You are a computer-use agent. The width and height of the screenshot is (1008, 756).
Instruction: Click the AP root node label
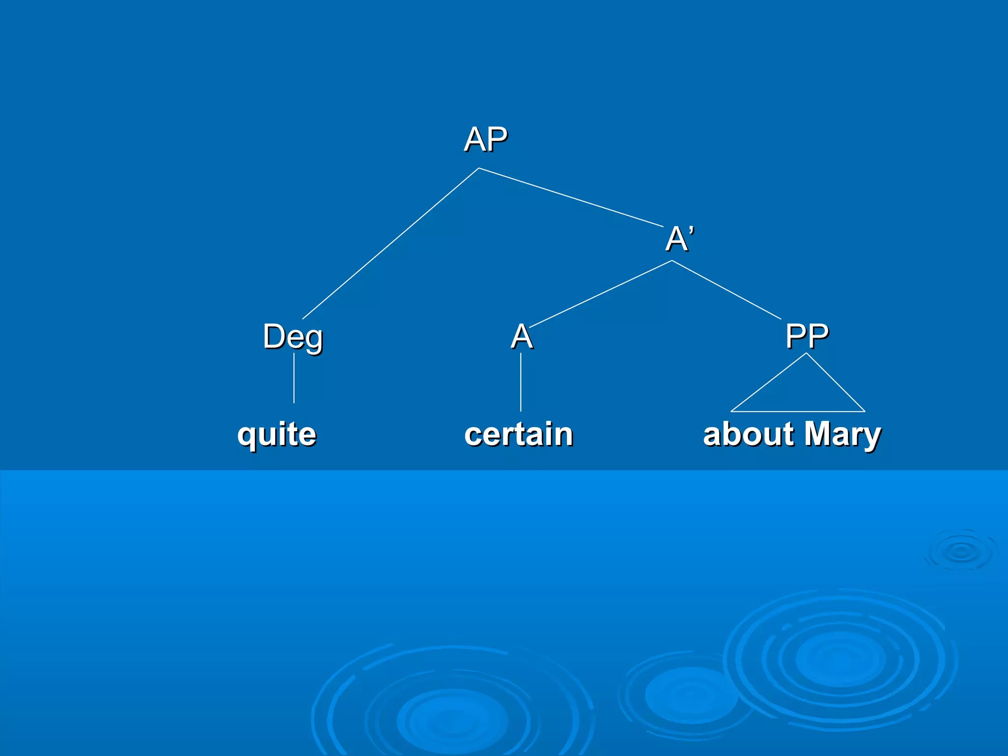485,139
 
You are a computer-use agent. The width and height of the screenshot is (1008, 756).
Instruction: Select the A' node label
680,239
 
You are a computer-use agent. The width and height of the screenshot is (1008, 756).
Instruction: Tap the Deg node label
293,337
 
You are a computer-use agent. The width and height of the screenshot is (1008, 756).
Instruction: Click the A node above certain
522,337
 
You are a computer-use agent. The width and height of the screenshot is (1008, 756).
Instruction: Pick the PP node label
807,336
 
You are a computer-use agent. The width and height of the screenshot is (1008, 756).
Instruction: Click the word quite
277,434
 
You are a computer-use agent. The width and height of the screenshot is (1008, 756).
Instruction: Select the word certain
519,434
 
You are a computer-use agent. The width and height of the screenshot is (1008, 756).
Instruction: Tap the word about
748,434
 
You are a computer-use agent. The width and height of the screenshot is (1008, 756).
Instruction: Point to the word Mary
843,434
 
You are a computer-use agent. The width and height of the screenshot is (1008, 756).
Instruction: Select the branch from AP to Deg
390,244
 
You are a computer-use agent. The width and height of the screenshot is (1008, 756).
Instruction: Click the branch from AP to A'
571,197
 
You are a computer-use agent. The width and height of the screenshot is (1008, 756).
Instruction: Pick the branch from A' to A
600,294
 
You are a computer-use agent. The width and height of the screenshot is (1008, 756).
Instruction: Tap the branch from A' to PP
726,290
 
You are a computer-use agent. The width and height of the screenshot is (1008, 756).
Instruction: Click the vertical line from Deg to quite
294,378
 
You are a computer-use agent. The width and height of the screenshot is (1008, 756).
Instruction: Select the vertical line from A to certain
521,382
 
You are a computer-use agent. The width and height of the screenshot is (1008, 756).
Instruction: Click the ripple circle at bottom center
452,719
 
